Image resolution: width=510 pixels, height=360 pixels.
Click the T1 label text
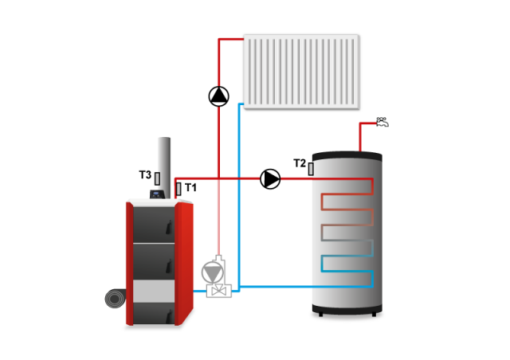(190, 188)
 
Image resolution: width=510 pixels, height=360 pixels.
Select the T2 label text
(300, 163)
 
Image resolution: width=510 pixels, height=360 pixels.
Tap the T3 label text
(145, 174)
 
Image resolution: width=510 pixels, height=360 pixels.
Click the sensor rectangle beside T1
(178, 189)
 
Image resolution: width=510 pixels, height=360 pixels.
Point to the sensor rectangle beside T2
(311, 169)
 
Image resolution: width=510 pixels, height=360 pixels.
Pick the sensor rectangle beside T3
(158, 178)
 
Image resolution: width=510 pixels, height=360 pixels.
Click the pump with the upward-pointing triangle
(219, 96)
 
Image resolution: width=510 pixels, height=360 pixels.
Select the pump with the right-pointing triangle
(270, 179)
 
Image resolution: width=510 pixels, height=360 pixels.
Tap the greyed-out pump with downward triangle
(213, 272)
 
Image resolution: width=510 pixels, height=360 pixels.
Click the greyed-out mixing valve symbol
(219, 290)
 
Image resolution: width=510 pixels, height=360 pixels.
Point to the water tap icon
(382, 122)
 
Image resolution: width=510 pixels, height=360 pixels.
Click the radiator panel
(301, 72)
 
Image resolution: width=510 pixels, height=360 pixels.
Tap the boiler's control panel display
(157, 194)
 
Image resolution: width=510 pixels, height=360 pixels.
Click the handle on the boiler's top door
(169, 227)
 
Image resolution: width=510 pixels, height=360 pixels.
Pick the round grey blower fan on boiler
(116, 299)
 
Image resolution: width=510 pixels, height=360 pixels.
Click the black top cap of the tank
(347, 156)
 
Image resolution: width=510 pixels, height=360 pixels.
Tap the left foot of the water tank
(320, 315)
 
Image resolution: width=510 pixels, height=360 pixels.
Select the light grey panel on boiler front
(154, 291)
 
